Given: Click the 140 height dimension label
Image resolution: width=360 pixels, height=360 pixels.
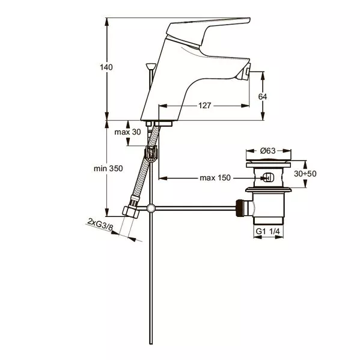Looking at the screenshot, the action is click(106, 67).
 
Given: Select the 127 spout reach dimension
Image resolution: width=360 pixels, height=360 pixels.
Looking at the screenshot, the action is click(204, 106).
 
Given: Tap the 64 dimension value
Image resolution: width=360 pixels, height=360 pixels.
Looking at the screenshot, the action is click(263, 97).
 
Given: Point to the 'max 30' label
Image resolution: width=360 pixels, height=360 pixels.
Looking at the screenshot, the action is click(127, 132).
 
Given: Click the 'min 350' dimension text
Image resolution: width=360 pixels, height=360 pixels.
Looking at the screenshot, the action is click(108, 168).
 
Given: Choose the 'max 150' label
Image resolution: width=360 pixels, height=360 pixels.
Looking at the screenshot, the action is click(215, 178).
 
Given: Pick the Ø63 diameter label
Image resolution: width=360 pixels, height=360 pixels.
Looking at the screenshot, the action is click(267, 151).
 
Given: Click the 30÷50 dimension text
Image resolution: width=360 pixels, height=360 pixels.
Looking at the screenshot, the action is click(305, 174).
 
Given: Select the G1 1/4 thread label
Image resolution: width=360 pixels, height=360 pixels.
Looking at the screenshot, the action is click(267, 231).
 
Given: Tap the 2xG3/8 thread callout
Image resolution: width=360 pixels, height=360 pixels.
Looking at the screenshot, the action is click(100, 224).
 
